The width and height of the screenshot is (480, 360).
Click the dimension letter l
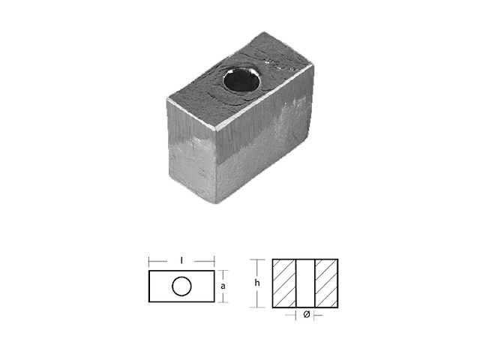(181, 261)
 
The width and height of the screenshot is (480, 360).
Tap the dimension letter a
(223, 286)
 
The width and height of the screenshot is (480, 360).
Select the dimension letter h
(257, 283)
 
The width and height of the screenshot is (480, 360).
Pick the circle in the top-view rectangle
(181, 286)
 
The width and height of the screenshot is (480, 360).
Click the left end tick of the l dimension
(149, 261)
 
